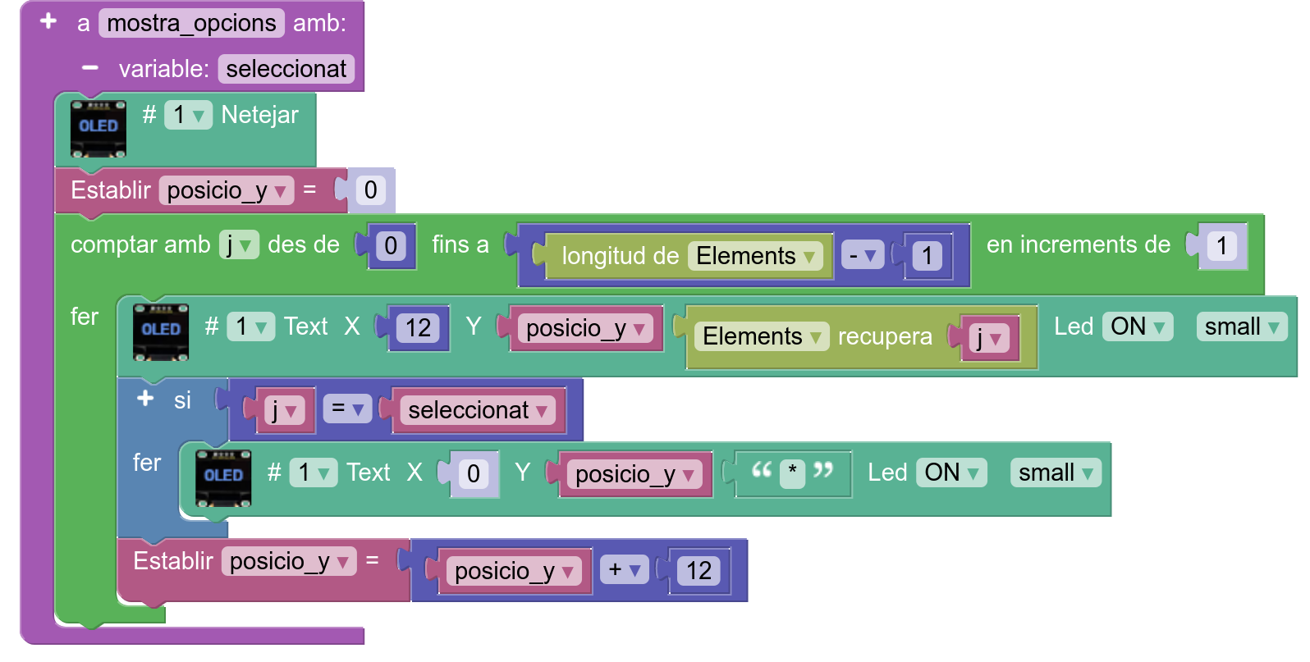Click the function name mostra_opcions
191,23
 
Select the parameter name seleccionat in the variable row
286,69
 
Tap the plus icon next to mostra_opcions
48,21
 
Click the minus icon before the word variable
90,68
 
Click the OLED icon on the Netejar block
98,129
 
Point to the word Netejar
259,115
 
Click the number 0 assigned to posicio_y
371,189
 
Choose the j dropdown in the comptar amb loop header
239,244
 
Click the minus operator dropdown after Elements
862,256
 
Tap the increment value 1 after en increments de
1221,246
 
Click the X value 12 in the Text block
418,328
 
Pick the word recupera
885,337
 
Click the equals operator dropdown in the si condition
347,409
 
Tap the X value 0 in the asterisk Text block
474,474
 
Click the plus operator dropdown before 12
625,569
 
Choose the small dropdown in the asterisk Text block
1056,473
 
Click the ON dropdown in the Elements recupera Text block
1138,326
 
